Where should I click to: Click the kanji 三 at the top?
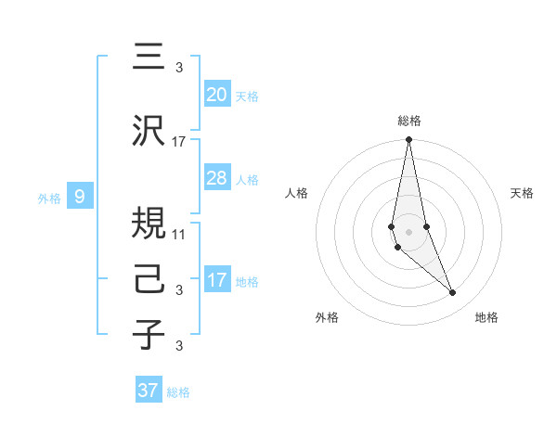point(149,57)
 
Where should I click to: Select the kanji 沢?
point(149,132)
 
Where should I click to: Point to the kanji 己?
point(149,280)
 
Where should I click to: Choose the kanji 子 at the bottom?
point(149,335)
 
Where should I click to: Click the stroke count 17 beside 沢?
point(179,142)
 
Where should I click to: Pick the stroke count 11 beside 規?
point(179,234)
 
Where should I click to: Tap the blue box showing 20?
point(216,94)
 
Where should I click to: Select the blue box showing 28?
point(216,178)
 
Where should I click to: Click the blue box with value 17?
point(216,280)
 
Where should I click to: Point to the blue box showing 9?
point(81,196)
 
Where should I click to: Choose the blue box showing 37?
point(148,391)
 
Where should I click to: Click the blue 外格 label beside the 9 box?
point(48,198)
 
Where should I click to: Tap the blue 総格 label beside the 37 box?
point(178,392)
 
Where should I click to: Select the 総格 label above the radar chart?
point(408,121)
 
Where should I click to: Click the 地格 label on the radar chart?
point(486,317)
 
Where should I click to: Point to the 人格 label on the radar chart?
point(297,193)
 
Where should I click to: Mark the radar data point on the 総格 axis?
point(408,140)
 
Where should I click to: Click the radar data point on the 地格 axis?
point(453,293)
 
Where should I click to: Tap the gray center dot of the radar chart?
point(408,231)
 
